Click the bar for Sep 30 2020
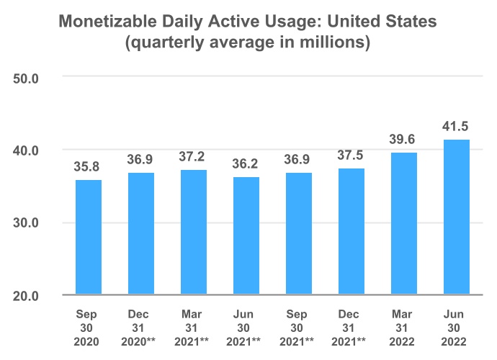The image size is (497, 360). click(x=89, y=237)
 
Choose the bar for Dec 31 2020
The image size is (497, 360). click(x=141, y=233)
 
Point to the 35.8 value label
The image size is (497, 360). click(x=89, y=167)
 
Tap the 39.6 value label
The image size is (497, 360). click(x=404, y=140)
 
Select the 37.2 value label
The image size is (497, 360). click(x=194, y=157)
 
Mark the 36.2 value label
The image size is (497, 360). click(x=246, y=164)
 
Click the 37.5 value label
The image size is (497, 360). click(x=352, y=156)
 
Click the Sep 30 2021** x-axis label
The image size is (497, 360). click(x=299, y=328)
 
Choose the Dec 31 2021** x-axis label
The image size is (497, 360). click(x=352, y=328)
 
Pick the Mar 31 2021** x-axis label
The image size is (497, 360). click(x=194, y=328)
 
